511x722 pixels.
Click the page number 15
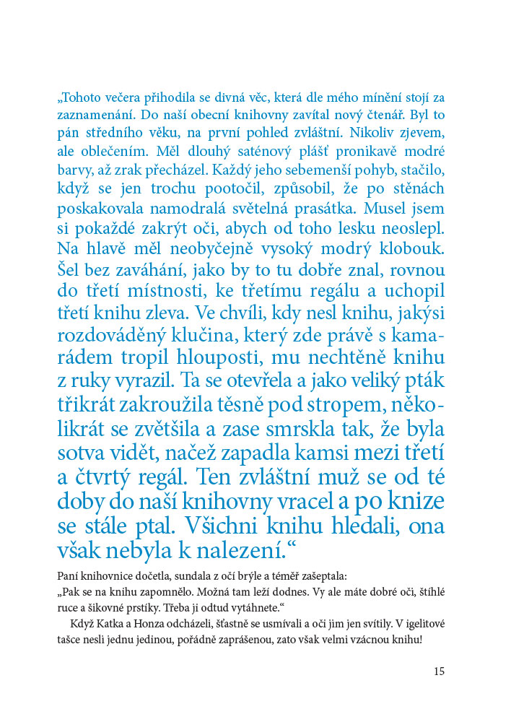click(440, 671)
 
